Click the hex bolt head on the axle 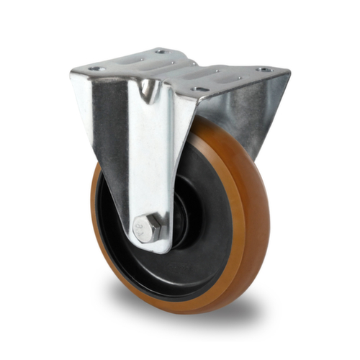point(146,229)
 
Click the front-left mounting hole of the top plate point(94,69)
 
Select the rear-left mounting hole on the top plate point(161,52)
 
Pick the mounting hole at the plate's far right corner point(264,70)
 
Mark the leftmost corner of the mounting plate point(71,70)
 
